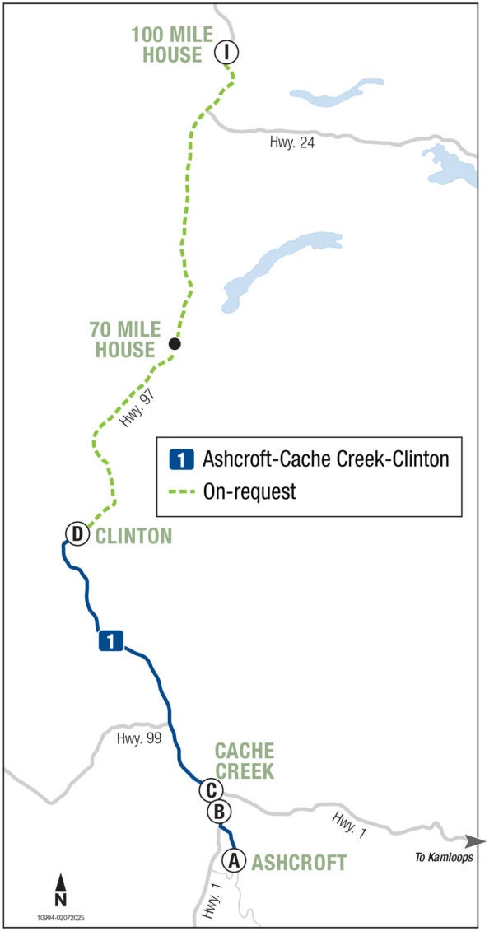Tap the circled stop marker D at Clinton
tap(77, 535)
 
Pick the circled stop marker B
tap(219, 812)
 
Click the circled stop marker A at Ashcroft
tap(234, 861)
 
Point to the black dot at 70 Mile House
tap(174, 343)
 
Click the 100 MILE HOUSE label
tap(171, 44)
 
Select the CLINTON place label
tap(133, 536)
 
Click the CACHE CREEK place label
tap(245, 761)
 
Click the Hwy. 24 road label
tap(292, 142)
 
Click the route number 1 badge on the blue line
tap(111, 640)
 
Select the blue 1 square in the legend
tap(181, 459)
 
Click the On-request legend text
tap(249, 491)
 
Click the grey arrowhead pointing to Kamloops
tap(474, 841)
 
